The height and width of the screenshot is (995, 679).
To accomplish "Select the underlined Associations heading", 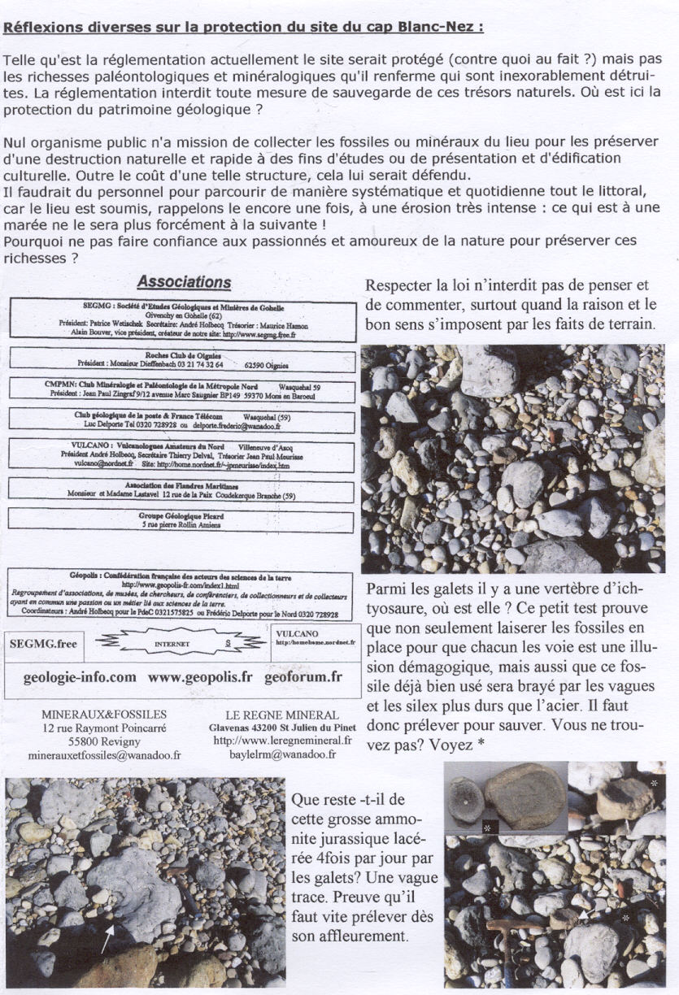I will pyautogui.click(x=184, y=282).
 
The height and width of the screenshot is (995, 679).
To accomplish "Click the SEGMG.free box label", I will pyautogui.click(x=43, y=643).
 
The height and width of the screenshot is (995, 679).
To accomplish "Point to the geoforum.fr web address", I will pyautogui.click(x=303, y=676).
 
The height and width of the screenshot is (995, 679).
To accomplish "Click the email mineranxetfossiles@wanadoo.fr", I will pyautogui.click(x=104, y=755).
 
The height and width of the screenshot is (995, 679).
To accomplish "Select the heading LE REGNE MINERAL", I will pyautogui.click(x=281, y=714).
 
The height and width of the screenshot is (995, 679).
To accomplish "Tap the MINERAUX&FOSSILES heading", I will pyautogui.click(x=103, y=714).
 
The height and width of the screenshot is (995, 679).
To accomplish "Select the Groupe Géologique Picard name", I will pyautogui.click(x=181, y=515).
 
